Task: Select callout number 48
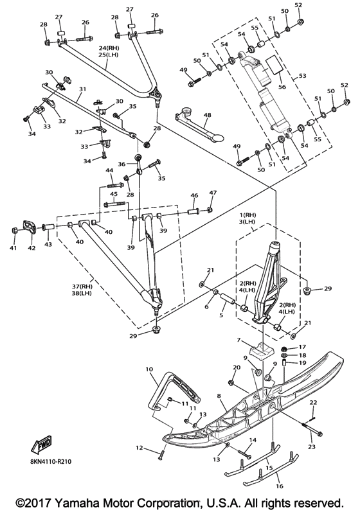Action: coord(207,115)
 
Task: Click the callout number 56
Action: coord(282,87)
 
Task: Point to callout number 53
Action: coord(303,76)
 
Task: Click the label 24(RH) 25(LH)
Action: coord(109,51)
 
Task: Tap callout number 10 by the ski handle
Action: coord(149,369)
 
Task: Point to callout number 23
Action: coord(312,446)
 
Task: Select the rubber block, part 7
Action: coord(260,351)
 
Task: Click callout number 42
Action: coord(31,248)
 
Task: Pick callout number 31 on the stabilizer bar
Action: coord(82,89)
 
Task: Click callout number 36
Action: coord(122,164)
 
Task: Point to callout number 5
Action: coord(221,315)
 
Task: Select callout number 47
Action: coord(213,193)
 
